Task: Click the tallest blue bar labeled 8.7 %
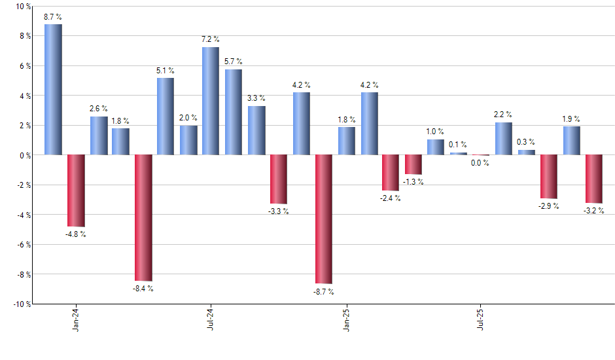tap(53, 90)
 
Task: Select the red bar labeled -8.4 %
tap(143, 217)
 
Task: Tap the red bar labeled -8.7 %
tap(324, 219)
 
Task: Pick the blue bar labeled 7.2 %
tap(211, 101)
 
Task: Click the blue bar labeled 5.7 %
tap(234, 112)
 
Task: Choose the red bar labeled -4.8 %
tap(76, 190)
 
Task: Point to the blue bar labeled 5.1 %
tap(166, 117)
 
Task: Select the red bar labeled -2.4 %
tap(391, 173)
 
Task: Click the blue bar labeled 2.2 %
tap(504, 139)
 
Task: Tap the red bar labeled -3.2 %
tap(594, 179)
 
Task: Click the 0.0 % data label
tap(481, 163)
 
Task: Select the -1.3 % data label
tap(413, 181)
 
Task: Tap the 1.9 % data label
tap(571, 119)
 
